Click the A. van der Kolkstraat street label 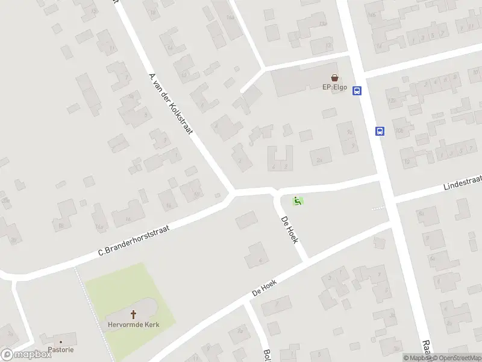pyautogui.click(x=170, y=107)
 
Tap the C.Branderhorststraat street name pyautogui.click(x=136, y=240)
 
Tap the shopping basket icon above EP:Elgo pyautogui.click(x=334, y=77)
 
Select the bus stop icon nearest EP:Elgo pyautogui.click(x=357, y=91)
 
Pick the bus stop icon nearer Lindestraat pyautogui.click(x=380, y=131)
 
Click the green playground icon pyautogui.click(x=297, y=201)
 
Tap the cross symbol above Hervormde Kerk pyautogui.click(x=133, y=314)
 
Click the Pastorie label pyautogui.click(x=61, y=350)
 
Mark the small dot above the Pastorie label pyautogui.click(x=61, y=342)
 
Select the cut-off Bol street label pyautogui.click(x=267, y=355)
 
